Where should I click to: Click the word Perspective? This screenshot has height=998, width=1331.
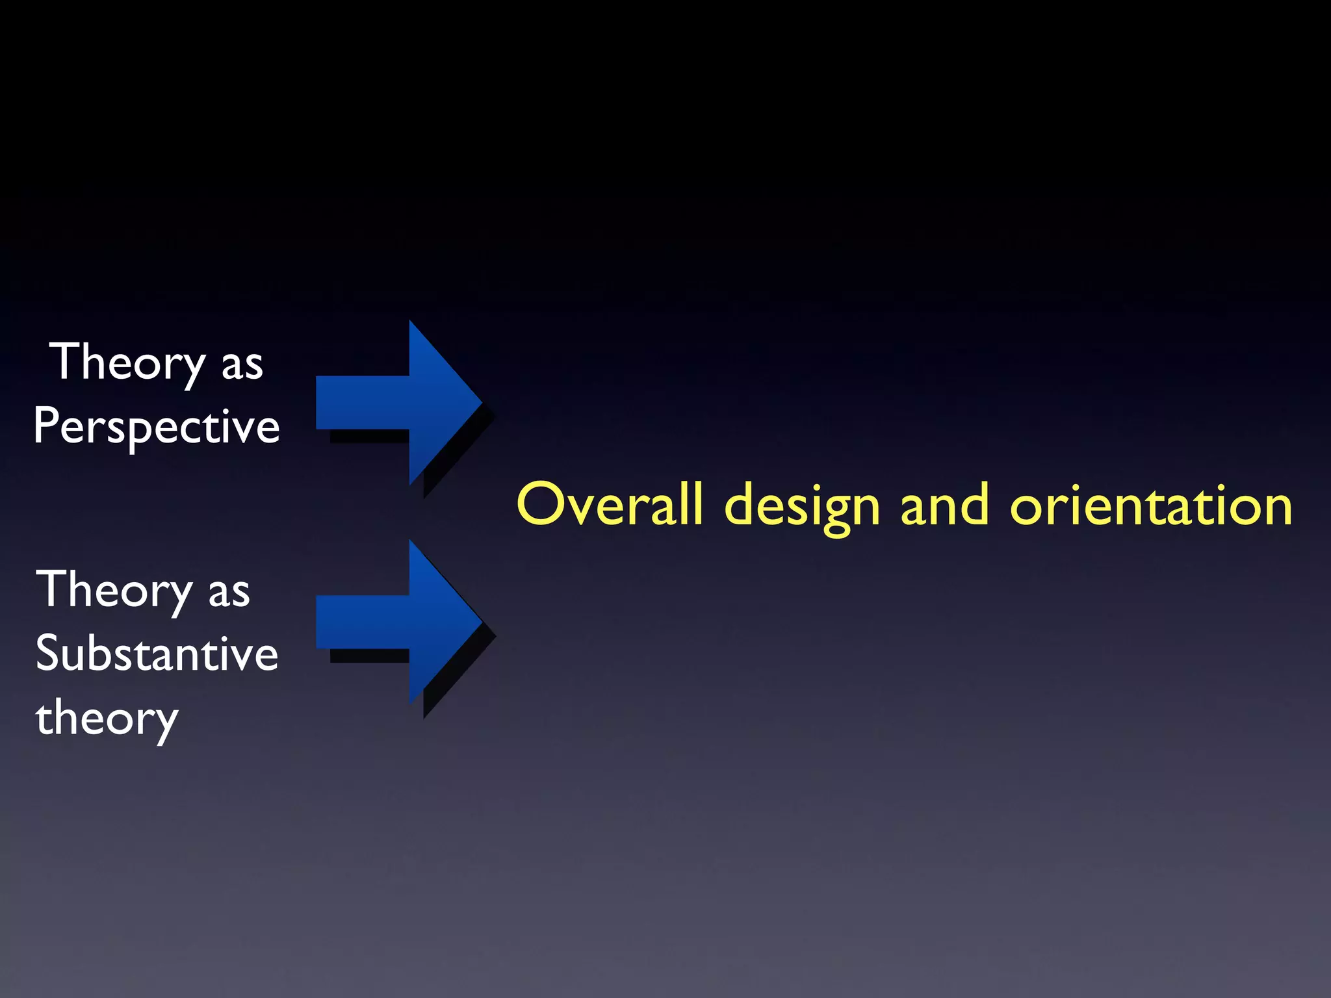(157, 426)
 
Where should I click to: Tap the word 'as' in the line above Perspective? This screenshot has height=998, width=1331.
(242, 366)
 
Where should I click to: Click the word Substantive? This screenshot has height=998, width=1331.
(157, 654)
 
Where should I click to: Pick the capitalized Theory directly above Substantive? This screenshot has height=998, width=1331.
(114, 590)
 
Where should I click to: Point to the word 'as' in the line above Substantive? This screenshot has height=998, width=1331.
(229, 593)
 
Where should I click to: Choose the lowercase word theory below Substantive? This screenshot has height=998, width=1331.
(107, 719)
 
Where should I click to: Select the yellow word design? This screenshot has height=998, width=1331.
(802, 506)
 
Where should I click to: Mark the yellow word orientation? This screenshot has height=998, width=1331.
(1151, 505)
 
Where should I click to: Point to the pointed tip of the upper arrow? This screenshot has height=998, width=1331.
(478, 403)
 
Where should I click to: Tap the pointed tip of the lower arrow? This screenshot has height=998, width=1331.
(478, 622)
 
